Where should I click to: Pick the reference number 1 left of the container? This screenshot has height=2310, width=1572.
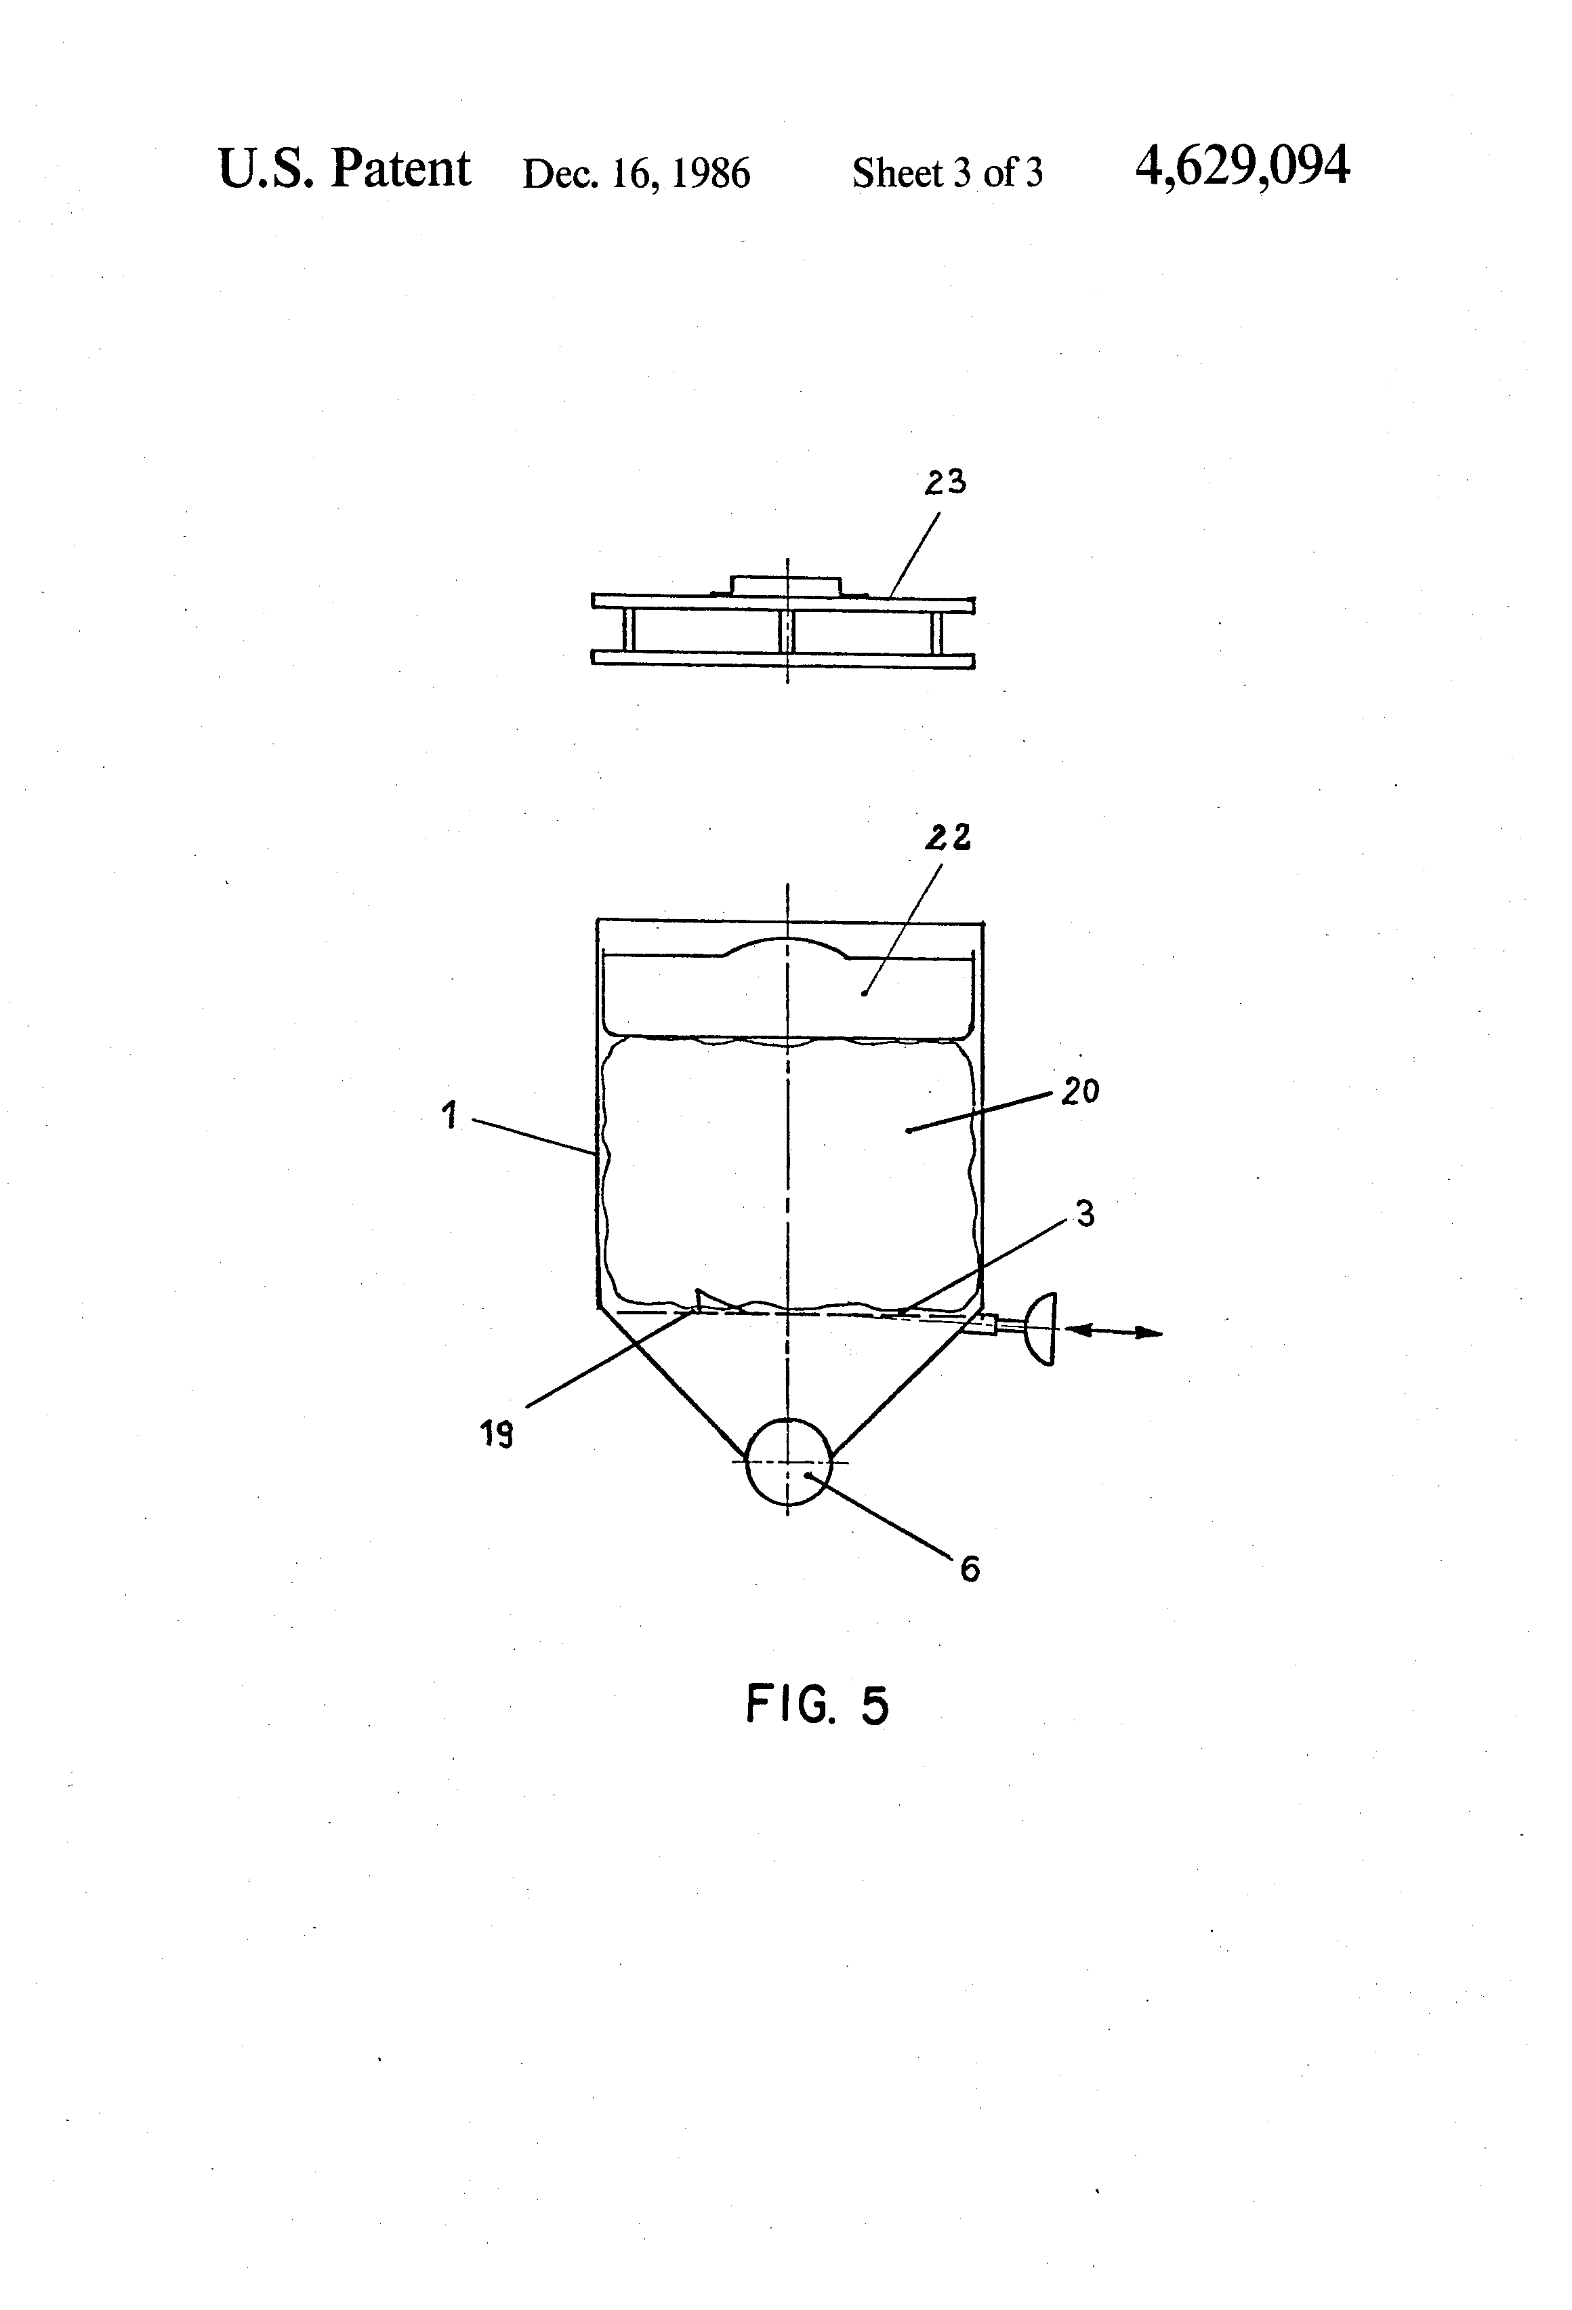450,1115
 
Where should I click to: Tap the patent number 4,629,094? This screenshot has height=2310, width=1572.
1242,167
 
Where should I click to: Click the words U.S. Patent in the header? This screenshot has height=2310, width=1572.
344,169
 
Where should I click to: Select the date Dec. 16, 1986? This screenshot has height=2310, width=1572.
636,174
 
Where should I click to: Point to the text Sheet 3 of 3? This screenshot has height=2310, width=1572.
947,174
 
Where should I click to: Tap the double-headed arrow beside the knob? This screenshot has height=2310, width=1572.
1112,1331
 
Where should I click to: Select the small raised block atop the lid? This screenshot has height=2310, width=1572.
786,584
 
